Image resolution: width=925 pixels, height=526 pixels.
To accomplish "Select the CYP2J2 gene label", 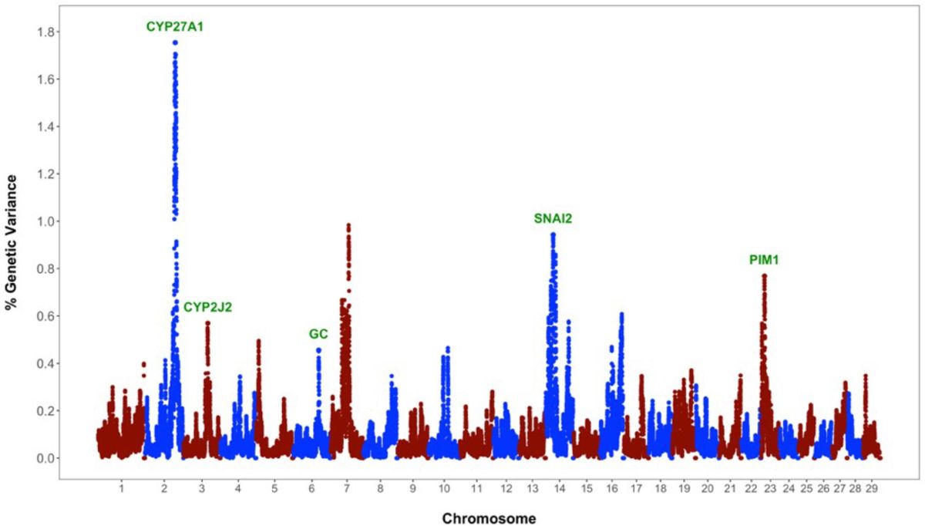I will point(207,307).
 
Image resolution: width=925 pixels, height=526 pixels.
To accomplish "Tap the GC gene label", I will point(318,334).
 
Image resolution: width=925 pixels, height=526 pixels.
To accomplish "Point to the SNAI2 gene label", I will point(553,218).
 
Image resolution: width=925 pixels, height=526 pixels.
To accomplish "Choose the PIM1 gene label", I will point(764,260).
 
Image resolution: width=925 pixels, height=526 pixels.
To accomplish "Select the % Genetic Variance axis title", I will point(12,242).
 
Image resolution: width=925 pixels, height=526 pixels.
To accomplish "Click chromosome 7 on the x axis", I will point(347,489).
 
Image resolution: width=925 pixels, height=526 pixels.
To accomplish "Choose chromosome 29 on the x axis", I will point(872,489).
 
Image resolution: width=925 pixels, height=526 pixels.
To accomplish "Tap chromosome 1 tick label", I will point(122,489).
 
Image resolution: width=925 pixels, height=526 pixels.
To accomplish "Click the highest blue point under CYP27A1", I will point(175,43).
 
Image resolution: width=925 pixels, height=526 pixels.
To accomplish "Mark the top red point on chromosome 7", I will point(348,225).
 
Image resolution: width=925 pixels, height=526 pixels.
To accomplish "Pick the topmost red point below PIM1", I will point(764,275).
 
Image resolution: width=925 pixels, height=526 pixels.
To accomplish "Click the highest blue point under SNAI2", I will point(553,234).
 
